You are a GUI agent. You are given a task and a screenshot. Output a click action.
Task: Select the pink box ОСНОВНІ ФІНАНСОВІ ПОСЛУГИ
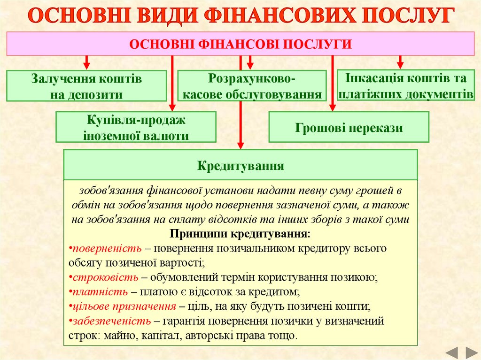pos(240,44)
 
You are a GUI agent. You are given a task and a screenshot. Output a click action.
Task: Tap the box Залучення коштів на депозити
pos(86,86)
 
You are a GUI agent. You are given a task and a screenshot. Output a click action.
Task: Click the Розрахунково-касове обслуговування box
pos(252,86)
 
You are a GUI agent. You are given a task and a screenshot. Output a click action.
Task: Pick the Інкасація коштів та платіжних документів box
pos(405,85)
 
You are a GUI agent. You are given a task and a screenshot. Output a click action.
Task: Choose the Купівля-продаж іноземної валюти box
pos(136,127)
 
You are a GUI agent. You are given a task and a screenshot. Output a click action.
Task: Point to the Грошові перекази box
pos(349,127)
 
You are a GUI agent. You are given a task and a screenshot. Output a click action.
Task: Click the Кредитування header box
pos(240,165)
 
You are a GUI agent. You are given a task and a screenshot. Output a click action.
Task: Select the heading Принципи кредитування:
pos(240,233)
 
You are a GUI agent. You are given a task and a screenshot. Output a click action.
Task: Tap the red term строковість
pos(105,277)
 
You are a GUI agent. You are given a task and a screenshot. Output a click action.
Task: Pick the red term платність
pos(100,291)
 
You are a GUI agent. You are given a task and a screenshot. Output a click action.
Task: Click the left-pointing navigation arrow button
pos(451,352)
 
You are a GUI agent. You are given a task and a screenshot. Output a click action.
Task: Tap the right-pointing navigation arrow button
pos(471,352)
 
